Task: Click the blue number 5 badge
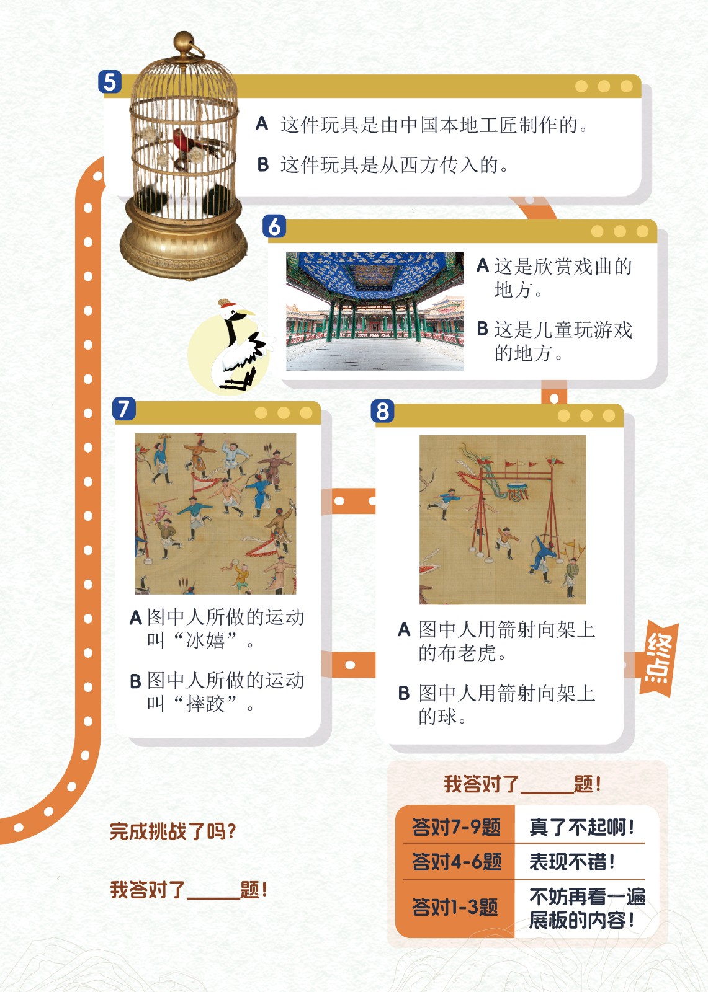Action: pos(109,81)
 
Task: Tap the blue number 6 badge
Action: pos(274,226)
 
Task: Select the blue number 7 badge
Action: pos(123,409)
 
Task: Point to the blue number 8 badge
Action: pos(383,410)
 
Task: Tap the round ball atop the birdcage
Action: pos(182,42)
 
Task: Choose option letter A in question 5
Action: pos(262,123)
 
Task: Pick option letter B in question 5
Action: pos(263,164)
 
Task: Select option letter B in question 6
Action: pos(482,329)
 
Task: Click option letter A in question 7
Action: pos(136,618)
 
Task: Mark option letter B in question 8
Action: pos(403,693)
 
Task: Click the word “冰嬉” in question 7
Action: pos(205,640)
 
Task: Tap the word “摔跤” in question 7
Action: pos(205,704)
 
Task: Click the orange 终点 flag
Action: pos(658,659)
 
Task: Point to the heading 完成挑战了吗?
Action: pos(173,831)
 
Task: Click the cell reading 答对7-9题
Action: pos(455,827)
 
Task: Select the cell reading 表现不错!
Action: pos(572,862)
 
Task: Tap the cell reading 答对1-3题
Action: pos(455,906)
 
